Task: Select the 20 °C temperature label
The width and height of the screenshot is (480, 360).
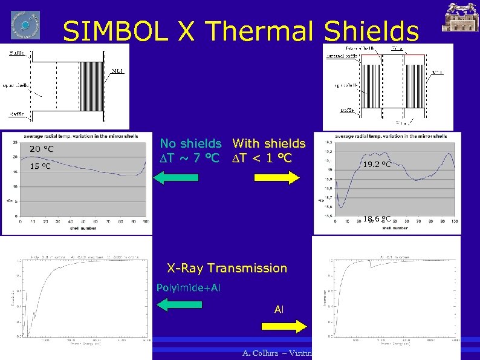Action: click(x=42, y=149)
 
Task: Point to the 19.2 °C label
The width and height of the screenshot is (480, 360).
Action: click(x=377, y=164)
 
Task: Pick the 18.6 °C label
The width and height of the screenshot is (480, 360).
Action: click(x=377, y=219)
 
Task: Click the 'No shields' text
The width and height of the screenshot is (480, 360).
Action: click(x=190, y=144)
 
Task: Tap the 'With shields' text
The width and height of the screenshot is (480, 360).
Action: click(x=269, y=144)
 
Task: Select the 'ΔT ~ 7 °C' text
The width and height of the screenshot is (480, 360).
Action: click(x=189, y=159)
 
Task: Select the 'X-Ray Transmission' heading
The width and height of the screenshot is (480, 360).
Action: click(x=227, y=268)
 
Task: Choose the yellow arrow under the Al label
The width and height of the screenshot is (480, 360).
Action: click(x=283, y=326)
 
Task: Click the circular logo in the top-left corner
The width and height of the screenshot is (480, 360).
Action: click(x=25, y=25)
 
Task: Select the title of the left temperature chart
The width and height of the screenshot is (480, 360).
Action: click(x=76, y=136)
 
